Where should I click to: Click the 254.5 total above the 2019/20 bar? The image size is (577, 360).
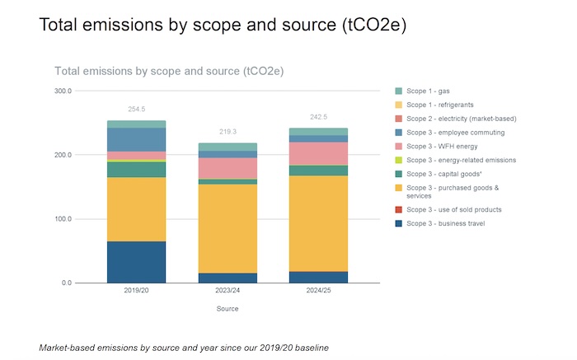pos(136,109)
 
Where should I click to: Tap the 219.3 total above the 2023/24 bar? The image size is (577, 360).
pos(228,131)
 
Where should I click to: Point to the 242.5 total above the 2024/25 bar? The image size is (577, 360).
pos(318,116)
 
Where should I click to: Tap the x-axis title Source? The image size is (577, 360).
pos(228,309)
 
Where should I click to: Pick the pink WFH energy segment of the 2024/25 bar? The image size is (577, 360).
pos(318,153)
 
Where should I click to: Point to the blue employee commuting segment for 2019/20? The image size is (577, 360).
pos(136,139)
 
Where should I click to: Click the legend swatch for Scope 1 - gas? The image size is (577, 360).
pos(399,91)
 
